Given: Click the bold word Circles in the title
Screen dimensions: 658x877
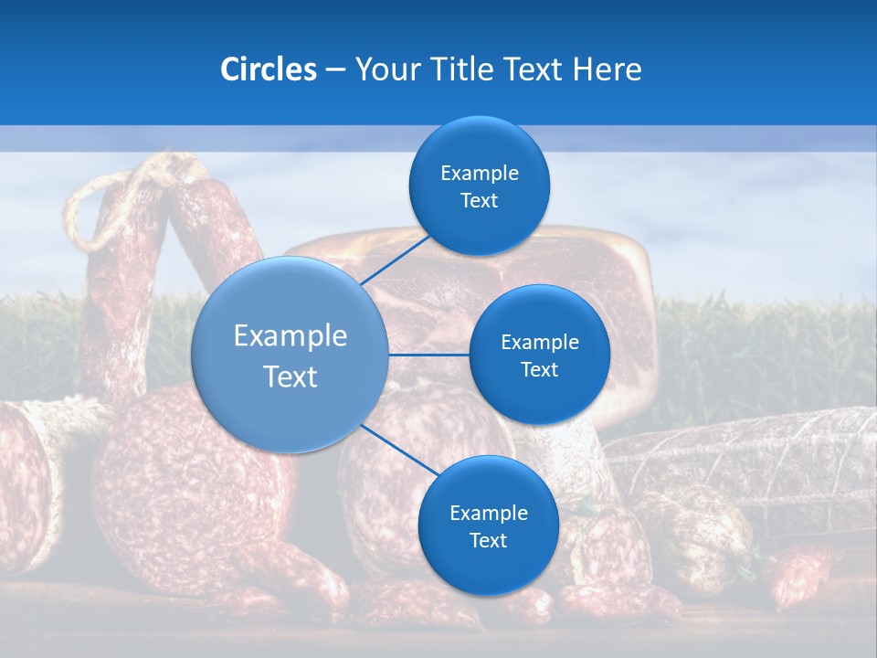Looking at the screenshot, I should (x=269, y=69).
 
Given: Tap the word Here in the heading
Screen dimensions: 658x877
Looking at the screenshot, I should (x=607, y=69).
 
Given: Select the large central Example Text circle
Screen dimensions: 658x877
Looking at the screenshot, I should (x=290, y=355).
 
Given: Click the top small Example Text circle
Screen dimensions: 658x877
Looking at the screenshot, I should (x=479, y=186).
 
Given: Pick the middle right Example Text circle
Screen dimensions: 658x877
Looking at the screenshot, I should (x=539, y=355).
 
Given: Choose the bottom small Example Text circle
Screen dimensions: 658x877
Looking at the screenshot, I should (x=488, y=525).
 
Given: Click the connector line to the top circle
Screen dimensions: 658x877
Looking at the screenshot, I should (x=397, y=258).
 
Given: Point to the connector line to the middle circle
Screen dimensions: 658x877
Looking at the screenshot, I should (x=428, y=355).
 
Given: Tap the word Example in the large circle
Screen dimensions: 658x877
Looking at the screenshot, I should (x=290, y=335).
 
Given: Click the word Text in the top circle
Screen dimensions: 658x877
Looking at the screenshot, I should (x=479, y=201).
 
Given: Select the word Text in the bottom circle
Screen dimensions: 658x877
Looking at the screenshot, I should (x=488, y=540).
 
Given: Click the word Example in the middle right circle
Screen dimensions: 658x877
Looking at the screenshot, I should (x=539, y=342).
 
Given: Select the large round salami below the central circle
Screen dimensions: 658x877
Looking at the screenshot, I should (x=183, y=484).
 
